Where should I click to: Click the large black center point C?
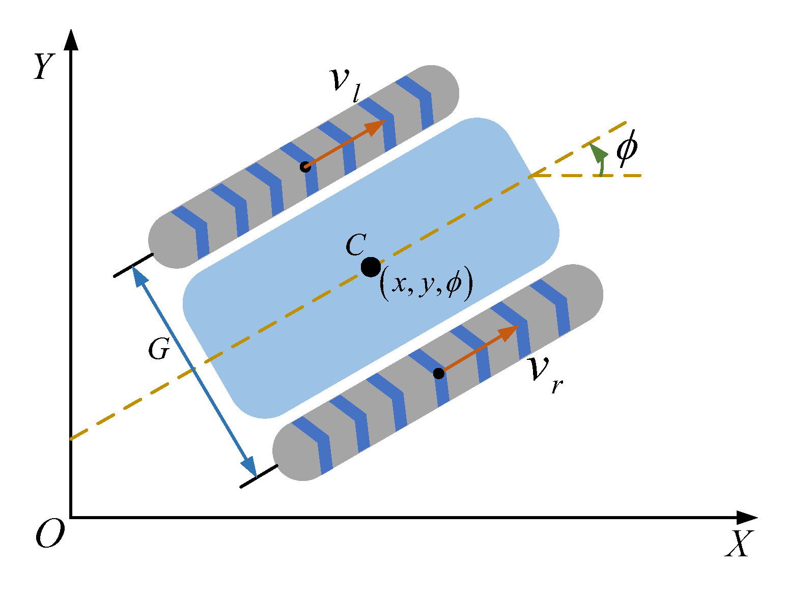(371, 267)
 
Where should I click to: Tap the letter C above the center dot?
(355, 245)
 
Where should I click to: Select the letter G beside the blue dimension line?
(158, 350)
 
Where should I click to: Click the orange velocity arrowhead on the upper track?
(377, 126)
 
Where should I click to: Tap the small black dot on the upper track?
(305, 167)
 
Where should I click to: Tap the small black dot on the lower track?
(439, 374)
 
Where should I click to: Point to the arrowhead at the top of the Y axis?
(71, 40)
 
